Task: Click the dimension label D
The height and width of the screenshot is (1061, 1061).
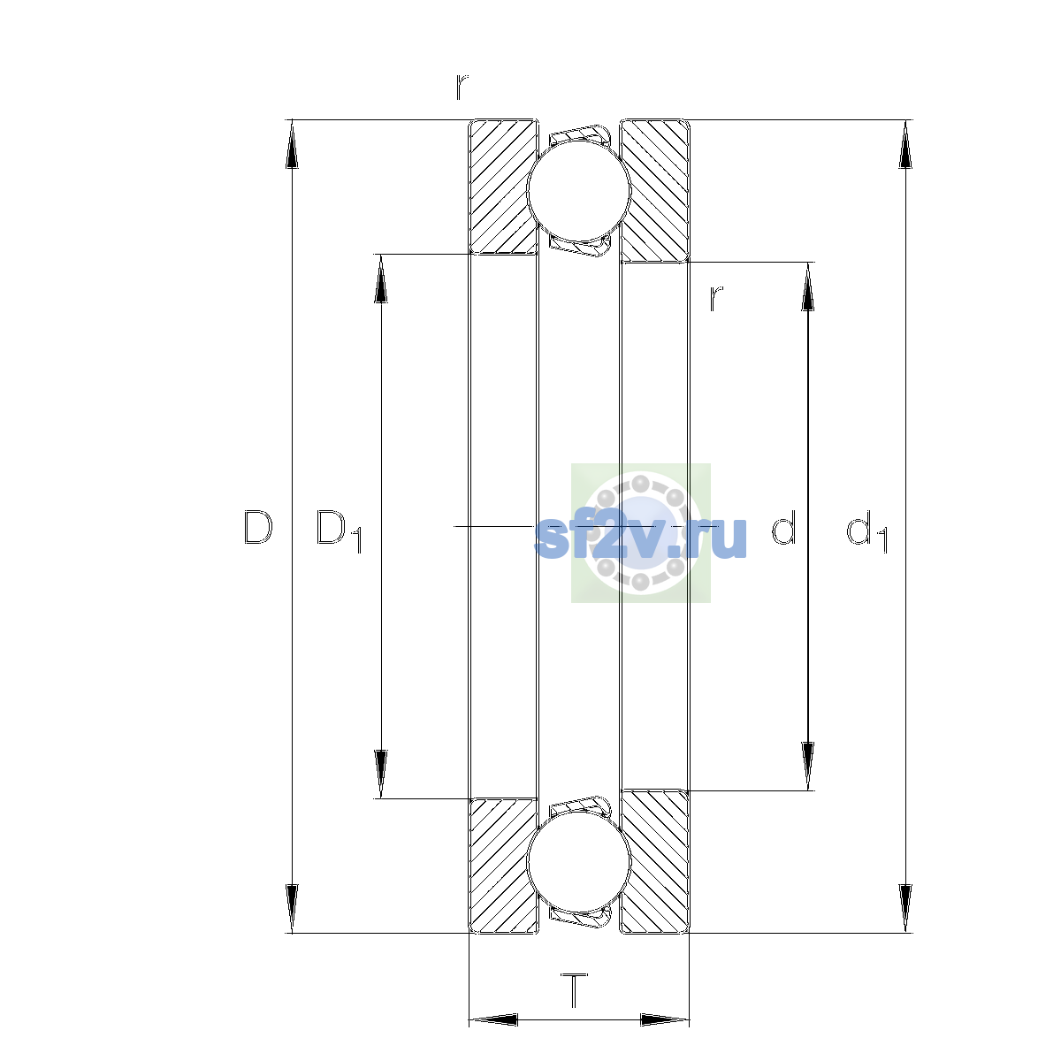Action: point(257,528)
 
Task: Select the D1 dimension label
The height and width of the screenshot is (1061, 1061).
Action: point(339,530)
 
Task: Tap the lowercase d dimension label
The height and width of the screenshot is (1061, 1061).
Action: point(783,527)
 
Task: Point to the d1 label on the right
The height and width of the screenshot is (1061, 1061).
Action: point(866,530)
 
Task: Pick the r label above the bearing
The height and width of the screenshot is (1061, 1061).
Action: point(462,87)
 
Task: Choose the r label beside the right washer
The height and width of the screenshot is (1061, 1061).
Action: point(716,299)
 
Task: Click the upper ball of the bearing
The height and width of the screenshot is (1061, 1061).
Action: point(578,191)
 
